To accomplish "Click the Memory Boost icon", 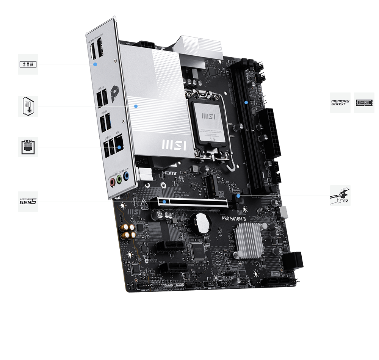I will (x=340, y=102).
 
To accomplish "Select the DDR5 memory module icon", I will (x=364, y=102).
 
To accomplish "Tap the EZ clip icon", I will (x=340, y=196).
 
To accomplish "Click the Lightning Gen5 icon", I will (x=28, y=201).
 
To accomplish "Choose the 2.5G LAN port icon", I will (x=28, y=147).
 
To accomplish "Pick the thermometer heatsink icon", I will (x=28, y=106).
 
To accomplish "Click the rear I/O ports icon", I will (x=28, y=64).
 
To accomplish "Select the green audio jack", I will (x=119, y=179).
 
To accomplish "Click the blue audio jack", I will (x=126, y=176).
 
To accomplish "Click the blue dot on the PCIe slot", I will (x=164, y=202).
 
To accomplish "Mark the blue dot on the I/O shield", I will (x=96, y=64).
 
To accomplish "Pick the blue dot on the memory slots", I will (x=246, y=102).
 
